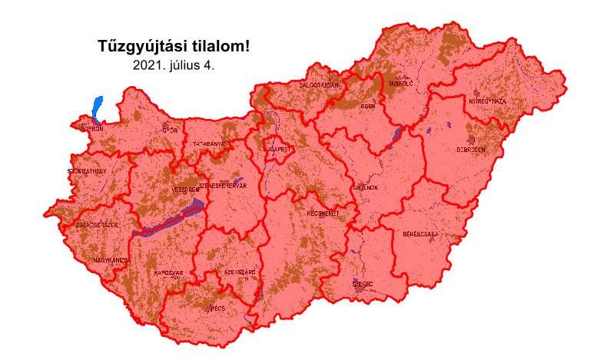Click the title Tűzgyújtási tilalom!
(x=174, y=47)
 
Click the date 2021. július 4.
(x=174, y=65)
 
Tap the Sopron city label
(x=88, y=130)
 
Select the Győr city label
(x=169, y=130)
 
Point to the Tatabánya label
(x=210, y=144)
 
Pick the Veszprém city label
(x=184, y=190)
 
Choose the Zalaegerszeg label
(x=97, y=225)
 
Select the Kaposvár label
(x=168, y=272)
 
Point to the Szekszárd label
(x=240, y=272)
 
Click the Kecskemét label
(x=323, y=213)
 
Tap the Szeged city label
(x=362, y=284)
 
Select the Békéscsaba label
(x=420, y=233)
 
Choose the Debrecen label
(x=471, y=150)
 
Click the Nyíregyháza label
(x=487, y=101)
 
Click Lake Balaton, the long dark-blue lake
(x=171, y=220)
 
